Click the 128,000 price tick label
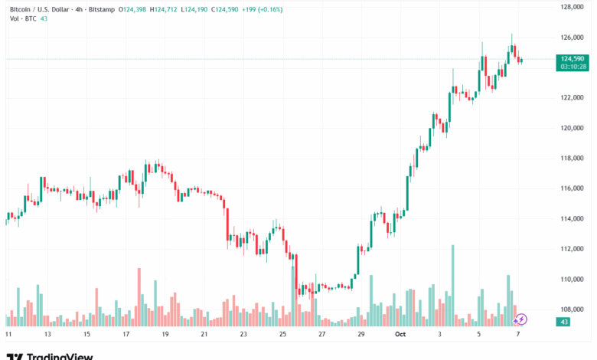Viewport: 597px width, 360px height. (573, 7)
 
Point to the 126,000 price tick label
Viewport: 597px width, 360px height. (573, 37)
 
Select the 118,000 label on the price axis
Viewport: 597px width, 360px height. (573, 158)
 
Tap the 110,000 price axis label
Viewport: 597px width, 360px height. (573, 279)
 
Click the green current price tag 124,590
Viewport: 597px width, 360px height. (573, 59)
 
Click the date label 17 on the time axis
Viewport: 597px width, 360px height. (126, 335)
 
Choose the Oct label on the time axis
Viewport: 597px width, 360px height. (400, 335)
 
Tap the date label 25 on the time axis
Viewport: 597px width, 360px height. (282, 335)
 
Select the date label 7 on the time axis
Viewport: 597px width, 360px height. (518, 335)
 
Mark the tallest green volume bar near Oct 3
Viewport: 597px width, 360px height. (453, 285)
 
